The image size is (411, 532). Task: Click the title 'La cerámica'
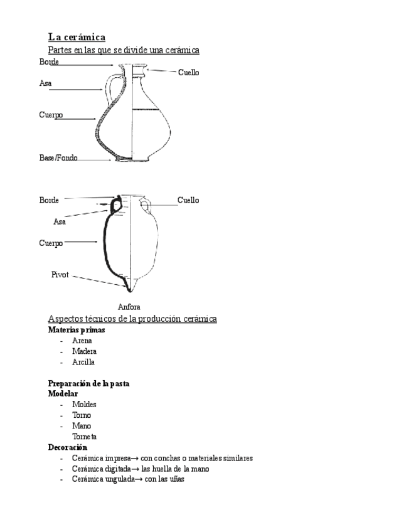[x=77, y=37]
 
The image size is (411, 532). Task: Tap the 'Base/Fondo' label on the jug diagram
[x=58, y=158]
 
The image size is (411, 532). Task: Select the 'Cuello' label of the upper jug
[x=188, y=73]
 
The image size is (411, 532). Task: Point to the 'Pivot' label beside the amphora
[x=60, y=275]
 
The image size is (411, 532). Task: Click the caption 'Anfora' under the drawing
[x=129, y=307]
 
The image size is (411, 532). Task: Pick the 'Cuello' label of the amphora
[x=188, y=200]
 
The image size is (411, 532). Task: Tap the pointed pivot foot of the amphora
[x=130, y=285]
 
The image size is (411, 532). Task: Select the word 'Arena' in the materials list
[x=82, y=341]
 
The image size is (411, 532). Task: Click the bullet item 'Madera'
[x=84, y=351]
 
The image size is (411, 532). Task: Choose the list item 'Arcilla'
[x=83, y=362]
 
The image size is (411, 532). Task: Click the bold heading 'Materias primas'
[x=77, y=329]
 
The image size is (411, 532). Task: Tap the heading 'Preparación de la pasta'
[x=88, y=383]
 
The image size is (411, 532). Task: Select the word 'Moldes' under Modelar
[x=84, y=405]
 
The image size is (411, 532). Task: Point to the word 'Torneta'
[x=84, y=437]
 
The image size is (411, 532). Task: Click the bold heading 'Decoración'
[x=67, y=447]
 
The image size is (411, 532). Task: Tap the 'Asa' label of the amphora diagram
[x=60, y=221]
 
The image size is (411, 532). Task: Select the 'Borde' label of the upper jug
[x=49, y=61]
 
